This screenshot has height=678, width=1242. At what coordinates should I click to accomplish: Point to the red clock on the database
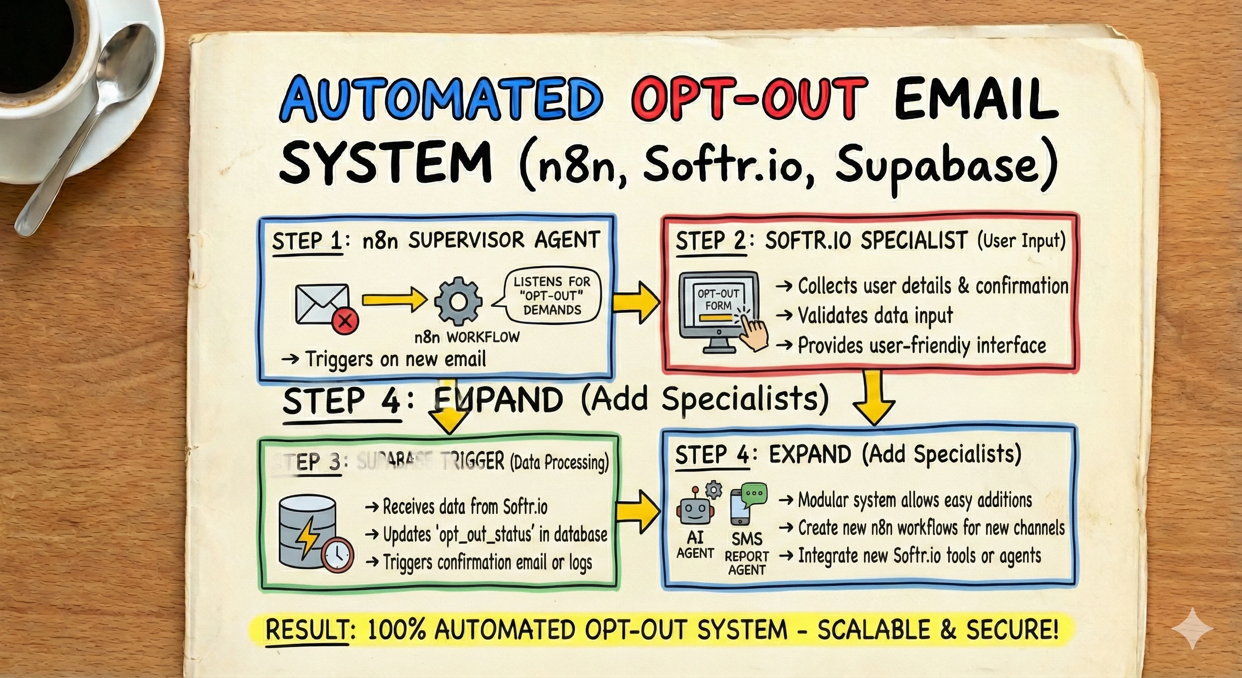pos(337,554)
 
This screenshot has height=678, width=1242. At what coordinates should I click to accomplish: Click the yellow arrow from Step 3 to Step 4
pos(637,511)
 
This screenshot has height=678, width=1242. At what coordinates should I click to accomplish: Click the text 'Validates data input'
pos(875,316)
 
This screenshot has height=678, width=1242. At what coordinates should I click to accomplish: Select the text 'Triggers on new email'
pos(395,359)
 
